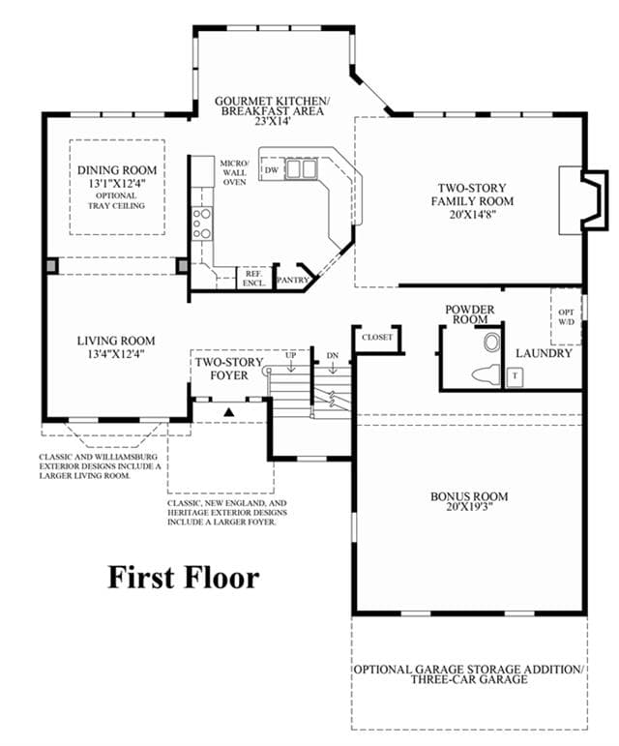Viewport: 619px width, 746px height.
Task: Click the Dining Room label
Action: [x=117, y=170]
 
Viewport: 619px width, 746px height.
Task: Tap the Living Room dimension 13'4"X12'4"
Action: [x=116, y=354]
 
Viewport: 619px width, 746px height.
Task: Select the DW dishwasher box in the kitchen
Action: [x=272, y=170]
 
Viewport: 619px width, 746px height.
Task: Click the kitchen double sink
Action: [x=302, y=169]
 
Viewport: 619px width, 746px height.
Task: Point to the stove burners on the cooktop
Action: [x=201, y=223]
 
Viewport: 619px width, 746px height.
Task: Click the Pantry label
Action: [x=292, y=281]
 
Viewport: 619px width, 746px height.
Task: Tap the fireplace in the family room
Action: [x=583, y=200]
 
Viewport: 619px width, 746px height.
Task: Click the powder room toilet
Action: [x=486, y=373]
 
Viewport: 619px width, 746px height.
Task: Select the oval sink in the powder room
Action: [x=491, y=343]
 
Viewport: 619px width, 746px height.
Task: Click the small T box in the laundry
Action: [x=515, y=376]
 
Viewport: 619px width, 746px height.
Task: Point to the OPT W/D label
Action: [x=566, y=316]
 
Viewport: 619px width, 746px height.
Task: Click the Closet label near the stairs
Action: [x=377, y=338]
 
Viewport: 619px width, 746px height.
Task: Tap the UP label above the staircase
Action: [x=290, y=355]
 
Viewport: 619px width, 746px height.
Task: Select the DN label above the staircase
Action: [x=333, y=355]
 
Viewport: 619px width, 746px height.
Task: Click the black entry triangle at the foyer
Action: [x=229, y=412]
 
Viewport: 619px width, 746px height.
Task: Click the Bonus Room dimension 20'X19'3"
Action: [x=469, y=507]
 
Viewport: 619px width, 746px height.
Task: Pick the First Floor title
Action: [x=184, y=578]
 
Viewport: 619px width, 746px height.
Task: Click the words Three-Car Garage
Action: [x=469, y=680]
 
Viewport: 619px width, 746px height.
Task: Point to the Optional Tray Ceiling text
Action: [x=116, y=201]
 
